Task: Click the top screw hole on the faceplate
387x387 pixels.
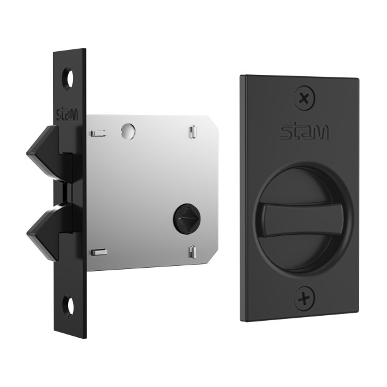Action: [x=68, y=79]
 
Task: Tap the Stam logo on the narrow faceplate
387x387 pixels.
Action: [x=67, y=114]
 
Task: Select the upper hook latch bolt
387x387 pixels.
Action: [x=51, y=154]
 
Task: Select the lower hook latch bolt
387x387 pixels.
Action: [x=51, y=232]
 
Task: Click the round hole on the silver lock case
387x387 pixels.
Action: [x=128, y=131]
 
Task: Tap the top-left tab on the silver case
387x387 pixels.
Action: [x=98, y=134]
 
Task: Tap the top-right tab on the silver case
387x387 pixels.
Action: [x=193, y=132]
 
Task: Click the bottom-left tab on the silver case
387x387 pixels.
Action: [x=99, y=252]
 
